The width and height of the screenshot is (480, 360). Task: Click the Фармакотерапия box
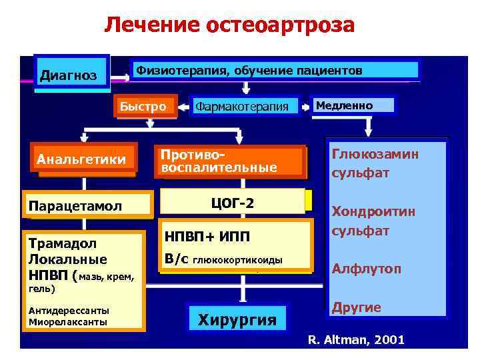[241, 107]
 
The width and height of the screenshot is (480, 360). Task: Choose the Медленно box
[353, 105]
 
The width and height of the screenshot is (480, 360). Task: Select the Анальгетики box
[81, 159]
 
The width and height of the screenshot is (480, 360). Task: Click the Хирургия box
[237, 320]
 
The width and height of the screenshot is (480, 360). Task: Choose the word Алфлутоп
[366, 269]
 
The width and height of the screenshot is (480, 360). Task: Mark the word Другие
[356, 307]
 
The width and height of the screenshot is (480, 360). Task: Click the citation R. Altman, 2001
[356, 340]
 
